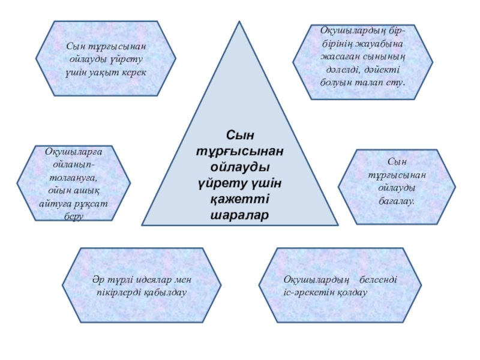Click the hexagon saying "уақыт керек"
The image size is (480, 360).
click(x=106, y=59)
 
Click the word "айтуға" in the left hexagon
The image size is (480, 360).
click(x=55, y=204)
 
